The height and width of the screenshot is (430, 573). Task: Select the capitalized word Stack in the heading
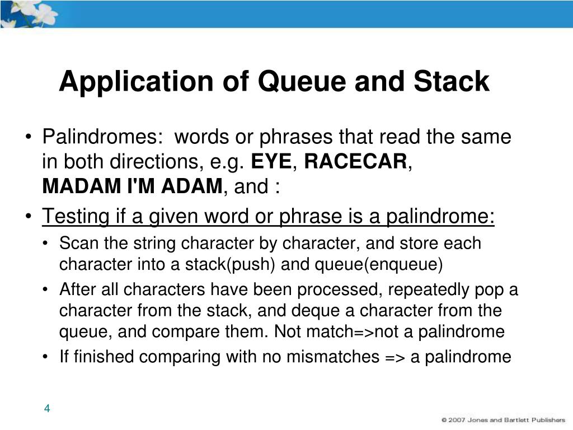coord(452,82)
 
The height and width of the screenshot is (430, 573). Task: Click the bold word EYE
coord(271,162)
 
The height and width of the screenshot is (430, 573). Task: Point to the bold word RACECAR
coord(356,162)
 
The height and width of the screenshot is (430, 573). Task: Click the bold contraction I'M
coord(139,186)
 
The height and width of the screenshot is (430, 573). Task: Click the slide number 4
coord(48,409)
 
